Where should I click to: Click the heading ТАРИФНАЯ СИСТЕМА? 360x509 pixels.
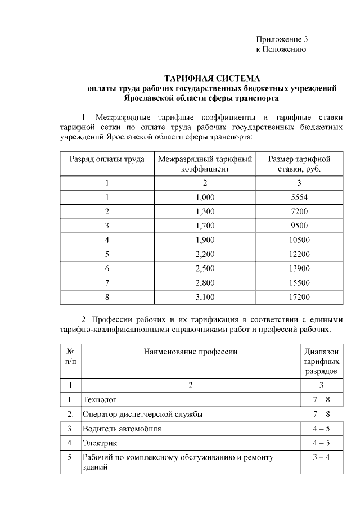[x=212, y=78]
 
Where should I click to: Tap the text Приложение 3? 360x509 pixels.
[x=282, y=39]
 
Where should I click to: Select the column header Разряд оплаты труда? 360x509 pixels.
[x=106, y=159]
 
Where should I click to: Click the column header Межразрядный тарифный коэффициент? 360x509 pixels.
[x=205, y=164]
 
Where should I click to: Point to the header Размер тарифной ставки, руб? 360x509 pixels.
[x=299, y=164]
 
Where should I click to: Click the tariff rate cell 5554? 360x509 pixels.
[x=299, y=197]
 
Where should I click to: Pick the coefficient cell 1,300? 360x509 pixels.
[x=205, y=211]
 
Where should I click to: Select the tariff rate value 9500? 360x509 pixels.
[x=299, y=226]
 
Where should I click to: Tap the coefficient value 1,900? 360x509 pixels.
[x=205, y=240]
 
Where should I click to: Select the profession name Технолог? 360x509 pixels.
[x=100, y=400]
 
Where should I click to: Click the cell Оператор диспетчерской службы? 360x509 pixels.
[x=142, y=415]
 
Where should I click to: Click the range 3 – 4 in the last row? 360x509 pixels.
[x=321, y=458]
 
